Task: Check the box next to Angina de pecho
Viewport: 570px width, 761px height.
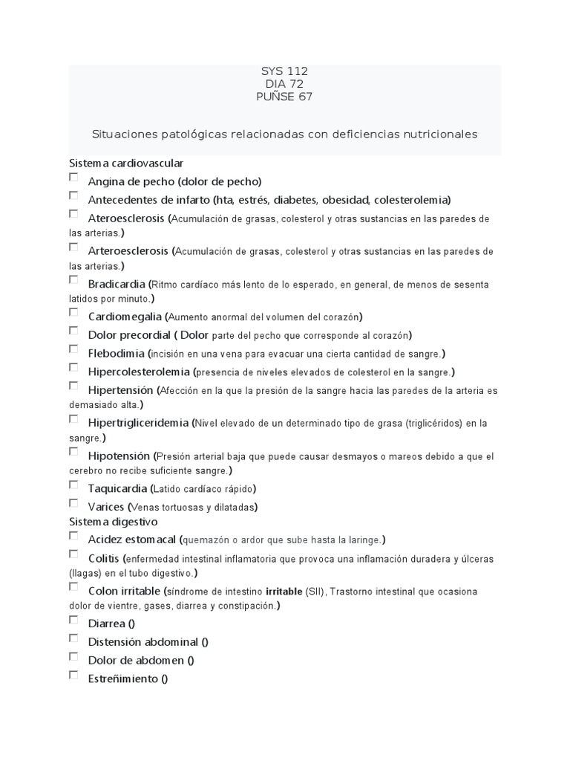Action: pyautogui.click(x=73, y=178)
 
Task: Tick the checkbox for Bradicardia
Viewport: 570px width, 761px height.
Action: pyautogui.click(x=73, y=280)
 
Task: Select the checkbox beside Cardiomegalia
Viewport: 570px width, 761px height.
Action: pyautogui.click(x=73, y=313)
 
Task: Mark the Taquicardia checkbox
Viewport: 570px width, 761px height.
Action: pyautogui.click(x=73, y=485)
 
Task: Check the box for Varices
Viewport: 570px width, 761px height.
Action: pyautogui.click(x=73, y=503)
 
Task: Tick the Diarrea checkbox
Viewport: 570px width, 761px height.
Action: pyautogui.click(x=73, y=620)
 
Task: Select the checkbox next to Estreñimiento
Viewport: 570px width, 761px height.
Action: pyautogui.click(x=73, y=675)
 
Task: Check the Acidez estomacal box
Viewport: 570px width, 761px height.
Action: pyautogui.click(x=73, y=535)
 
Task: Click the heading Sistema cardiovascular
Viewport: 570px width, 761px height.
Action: pyautogui.click(x=126, y=163)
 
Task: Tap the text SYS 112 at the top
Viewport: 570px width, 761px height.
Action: pyautogui.click(x=284, y=71)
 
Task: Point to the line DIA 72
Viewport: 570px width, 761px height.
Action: pyautogui.click(x=284, y=84)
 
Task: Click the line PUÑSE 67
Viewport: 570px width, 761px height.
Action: pyautogui.click(x=284, y=97)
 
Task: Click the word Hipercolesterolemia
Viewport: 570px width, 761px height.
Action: pyautogui.click(x=139, y=372)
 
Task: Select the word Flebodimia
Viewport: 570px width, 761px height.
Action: pyautogui.click(x=116, y=353)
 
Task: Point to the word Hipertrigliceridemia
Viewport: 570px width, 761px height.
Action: pyautogui.click(x=138, y=423)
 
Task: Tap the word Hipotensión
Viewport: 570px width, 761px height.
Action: pyautogui.click(x=119, y=456)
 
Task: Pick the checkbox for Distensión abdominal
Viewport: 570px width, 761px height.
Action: pyautogui.click(x=73, y=638)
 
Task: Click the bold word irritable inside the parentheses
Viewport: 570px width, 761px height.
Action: pyautogui.click(x=284, y=592)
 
